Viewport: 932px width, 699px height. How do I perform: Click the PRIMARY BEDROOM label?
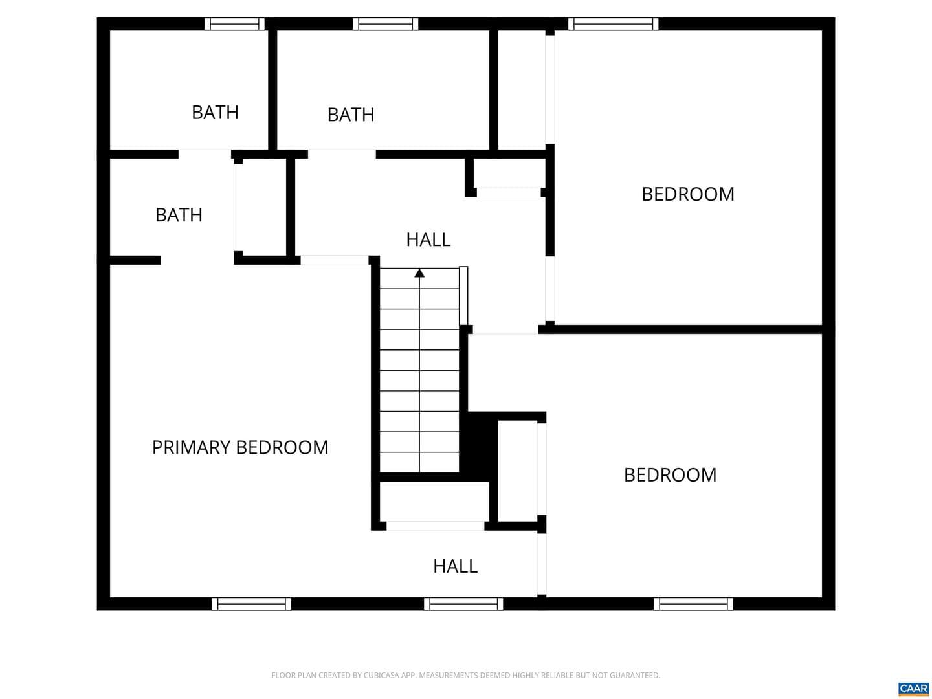coord(240,447)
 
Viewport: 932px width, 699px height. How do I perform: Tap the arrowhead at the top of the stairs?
coord(419,273)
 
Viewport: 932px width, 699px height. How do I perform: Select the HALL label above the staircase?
coord(428,239)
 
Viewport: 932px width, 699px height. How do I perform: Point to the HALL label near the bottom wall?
coord(455,566)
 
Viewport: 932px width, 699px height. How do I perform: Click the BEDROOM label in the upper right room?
coord(688,194)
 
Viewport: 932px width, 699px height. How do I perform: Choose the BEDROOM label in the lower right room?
coord(671,475)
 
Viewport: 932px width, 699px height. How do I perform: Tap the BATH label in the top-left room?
coord(216,113)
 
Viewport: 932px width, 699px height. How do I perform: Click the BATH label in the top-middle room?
coord(351,115)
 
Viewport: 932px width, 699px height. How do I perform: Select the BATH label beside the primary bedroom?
coord(179,215)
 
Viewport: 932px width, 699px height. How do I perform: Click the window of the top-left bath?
coord(234,24)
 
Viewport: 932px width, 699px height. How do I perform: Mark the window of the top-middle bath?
coord(386,24)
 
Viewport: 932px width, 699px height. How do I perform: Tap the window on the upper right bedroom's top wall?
coord(614,24)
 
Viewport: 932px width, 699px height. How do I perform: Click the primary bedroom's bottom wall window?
coord(252,604)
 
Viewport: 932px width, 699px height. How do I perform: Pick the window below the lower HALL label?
coord(463,604)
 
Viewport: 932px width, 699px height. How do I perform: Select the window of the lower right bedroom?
coord(693,604)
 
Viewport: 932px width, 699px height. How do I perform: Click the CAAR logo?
coord(913,689)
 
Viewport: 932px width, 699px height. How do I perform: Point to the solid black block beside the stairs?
coord(478,447)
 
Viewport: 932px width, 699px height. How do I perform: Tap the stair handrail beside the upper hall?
coord(463,296)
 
